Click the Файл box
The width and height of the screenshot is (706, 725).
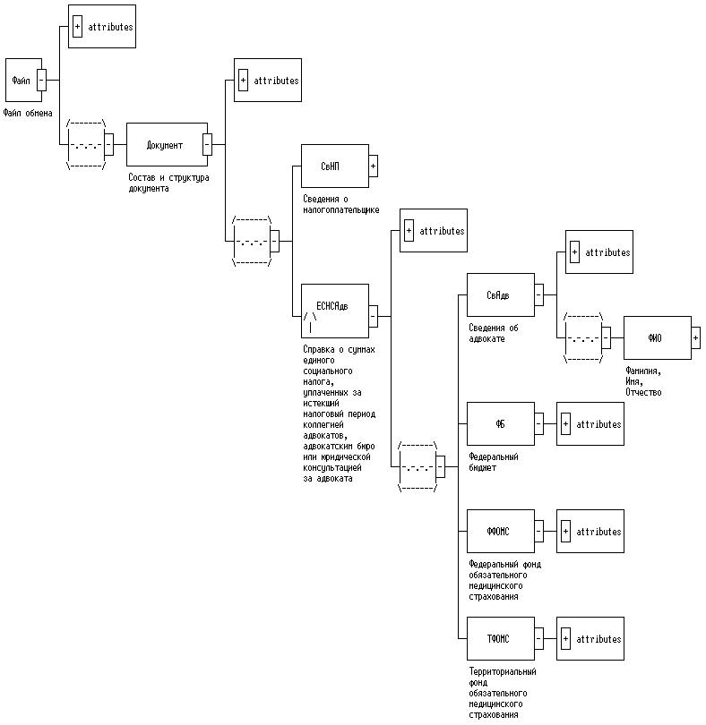tap(21, 81)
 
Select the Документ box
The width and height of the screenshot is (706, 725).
tap(165, 145)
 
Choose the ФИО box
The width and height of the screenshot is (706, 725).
tap(656, 338)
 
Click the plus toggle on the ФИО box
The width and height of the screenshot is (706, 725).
tap(696, 338)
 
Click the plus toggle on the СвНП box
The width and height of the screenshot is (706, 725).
tap(374, 166)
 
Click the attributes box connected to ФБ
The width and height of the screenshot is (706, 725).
tap(590, 424)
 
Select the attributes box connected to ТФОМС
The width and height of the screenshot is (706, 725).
tap(590, 639)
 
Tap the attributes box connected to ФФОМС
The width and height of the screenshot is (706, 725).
tap(590, 532)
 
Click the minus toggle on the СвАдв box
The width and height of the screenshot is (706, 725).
tap(538, 295)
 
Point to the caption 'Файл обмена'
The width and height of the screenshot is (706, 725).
tap(28, 114)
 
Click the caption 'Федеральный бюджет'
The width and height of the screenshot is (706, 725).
tap(494, 462)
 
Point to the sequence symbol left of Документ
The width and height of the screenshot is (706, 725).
tap(87, 144)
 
